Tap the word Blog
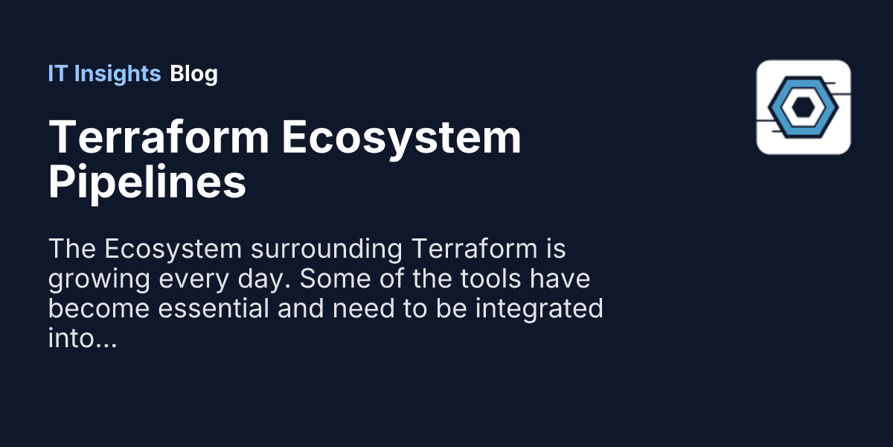193,74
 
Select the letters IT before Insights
56,74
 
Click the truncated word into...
71,339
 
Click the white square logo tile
803,107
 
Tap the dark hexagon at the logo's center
801,107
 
